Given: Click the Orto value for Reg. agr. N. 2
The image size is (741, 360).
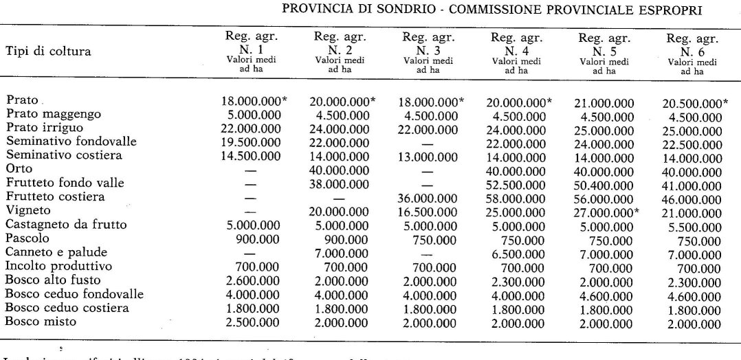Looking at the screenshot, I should tap(340, 169).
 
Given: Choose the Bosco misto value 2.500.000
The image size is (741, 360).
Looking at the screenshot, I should tap(251, 322).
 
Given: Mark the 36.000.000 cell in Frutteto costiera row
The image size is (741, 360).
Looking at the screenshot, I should tap(428, 197).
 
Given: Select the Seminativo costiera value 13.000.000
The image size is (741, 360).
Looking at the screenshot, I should tap(428, 156).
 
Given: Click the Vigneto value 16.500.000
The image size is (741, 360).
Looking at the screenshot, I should tap(428, 211).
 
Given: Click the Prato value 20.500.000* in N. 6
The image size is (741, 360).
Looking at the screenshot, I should tap(696, 103).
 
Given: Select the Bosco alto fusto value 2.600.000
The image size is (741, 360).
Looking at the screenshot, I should tap(251, 280).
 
